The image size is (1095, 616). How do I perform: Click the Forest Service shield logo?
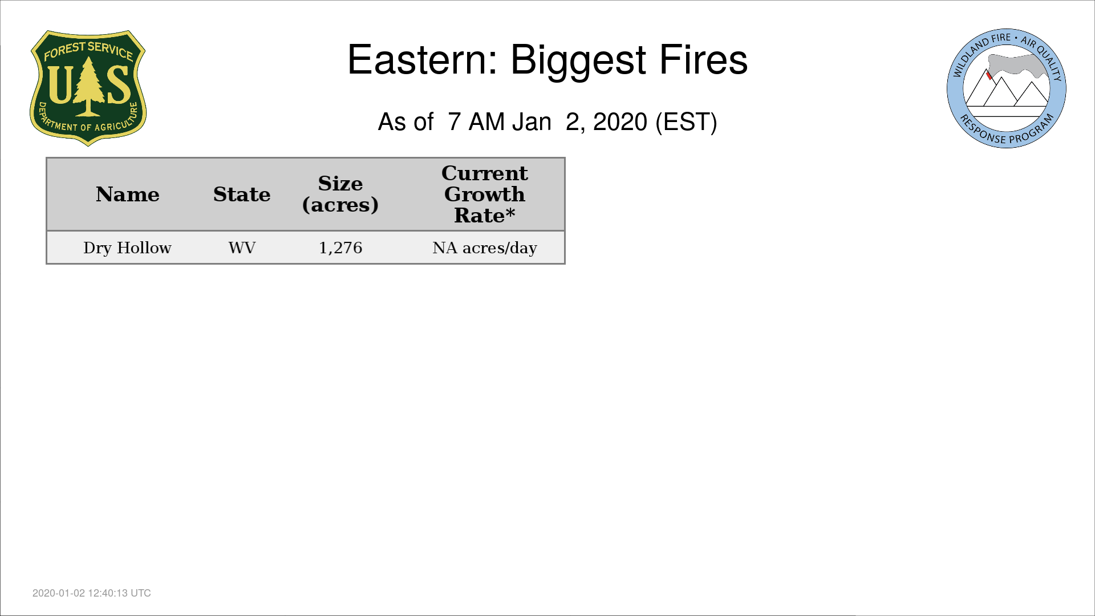[x=88, y=88]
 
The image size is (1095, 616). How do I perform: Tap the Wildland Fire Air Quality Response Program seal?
[x=1007, y=88]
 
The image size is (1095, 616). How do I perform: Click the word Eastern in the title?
[x=423, y=59]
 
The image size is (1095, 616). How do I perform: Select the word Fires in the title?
[x=703, y=59]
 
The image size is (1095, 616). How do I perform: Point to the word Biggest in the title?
[x=578, y=62]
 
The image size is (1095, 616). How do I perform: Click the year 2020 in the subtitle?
[x=620, y=122]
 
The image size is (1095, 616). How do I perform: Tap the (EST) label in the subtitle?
[x=686, y=122]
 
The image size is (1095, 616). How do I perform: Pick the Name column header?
[x=128, y=194]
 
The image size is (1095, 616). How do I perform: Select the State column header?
[x=242, y=194]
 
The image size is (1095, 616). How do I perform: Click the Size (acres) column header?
[x=340, y=194]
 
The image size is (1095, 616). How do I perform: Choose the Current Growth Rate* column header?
[x=485, y=194]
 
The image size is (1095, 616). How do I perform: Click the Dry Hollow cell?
[x=127, y=248]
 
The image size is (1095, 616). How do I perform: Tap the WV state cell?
[x=242, y=248]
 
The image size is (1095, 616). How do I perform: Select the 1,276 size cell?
[x=340, y=248]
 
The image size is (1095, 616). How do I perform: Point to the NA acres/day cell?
[x=485, y=248]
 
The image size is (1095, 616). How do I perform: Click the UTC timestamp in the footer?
[x=92, y=593]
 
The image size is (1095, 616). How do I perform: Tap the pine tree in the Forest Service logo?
[x=88, y=86]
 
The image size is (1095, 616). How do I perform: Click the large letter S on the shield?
[x=119, y=84]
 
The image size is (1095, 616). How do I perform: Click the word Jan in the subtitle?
[x=532, y=122]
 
